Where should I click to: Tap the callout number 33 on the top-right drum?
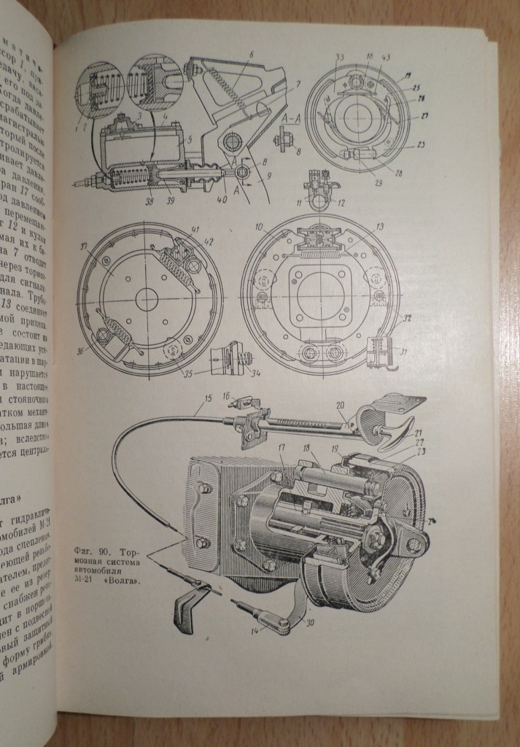[x=340, y=58]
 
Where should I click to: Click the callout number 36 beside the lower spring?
[x=79, y=349]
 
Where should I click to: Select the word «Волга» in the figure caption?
[x=123, y=582]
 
